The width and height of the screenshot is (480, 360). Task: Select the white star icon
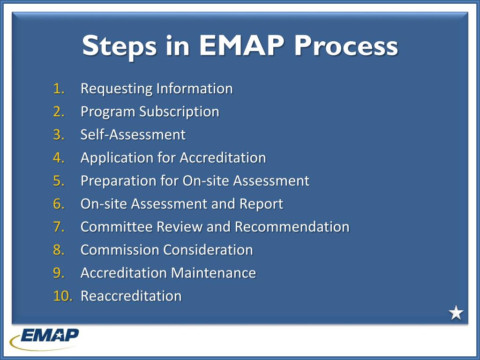pyautogui.click(x=456, y=313)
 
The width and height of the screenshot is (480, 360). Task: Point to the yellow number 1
pyautogui.click(x=59, y=89)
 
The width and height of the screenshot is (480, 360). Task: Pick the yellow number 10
pyautogui.click(x=62, y=296)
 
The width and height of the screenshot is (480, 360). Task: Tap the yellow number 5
pyautogui.click(x=59, y=181)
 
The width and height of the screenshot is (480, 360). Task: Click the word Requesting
pyautogui.click(x=117, y=89)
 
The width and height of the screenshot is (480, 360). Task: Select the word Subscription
pyautogui.click(x=185, y=112)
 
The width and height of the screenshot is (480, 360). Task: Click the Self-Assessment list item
pyautogui.click(x=133, y=135)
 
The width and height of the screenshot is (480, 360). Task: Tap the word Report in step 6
pyautogui.click(x=261, y=204)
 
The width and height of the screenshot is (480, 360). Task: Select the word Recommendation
pyautogui.click(x=292, y=227)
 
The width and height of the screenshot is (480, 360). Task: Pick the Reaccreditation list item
pyautogui.click(x=131, y=296)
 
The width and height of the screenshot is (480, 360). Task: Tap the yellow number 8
pyautogui.click(x=59, y=250)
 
